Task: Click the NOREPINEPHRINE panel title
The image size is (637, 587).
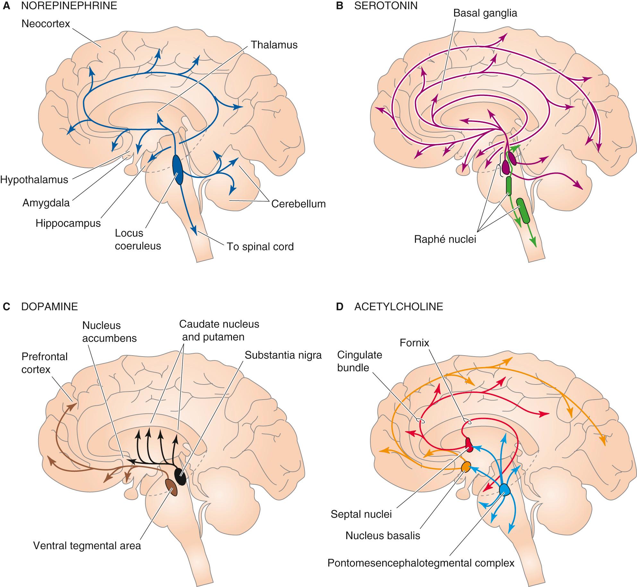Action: coord(69,6)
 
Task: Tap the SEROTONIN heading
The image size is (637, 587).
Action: coord(386,6)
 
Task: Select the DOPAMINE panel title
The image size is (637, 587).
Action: coord(49,306)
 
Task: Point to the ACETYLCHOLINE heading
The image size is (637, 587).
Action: coord(399,306)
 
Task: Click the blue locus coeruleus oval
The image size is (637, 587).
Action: coord(177,170)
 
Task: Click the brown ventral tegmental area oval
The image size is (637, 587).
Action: coord(171,487)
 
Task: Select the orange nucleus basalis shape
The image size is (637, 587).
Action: coord(466,467)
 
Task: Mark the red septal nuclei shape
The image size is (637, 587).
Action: coord(469,445)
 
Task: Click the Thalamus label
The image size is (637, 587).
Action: coord(274,45)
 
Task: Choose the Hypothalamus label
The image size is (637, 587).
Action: coord(34,179)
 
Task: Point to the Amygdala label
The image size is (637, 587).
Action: coord(46,203)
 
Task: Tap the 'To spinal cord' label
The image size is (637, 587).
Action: coord(260,246)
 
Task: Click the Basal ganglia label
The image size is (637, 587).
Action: coord(485,13)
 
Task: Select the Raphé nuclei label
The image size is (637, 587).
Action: coord(445,239)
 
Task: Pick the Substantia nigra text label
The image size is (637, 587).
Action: coord(283,355)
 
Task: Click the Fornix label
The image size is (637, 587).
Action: coord(414,343)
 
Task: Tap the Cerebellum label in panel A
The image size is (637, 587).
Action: coord(298,203)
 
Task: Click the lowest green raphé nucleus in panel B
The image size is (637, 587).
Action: coord(523,211)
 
